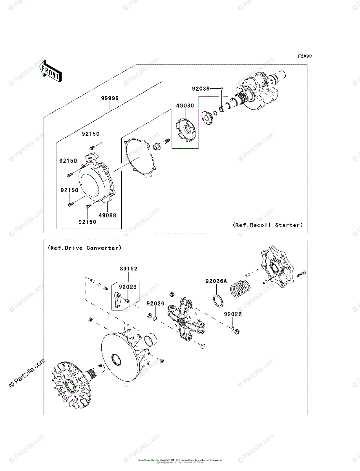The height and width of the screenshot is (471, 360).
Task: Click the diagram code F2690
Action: [x=304, y=56]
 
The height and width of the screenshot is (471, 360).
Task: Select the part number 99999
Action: [x=110, y=98]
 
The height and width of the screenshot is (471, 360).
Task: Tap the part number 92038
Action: [x=201, y=89]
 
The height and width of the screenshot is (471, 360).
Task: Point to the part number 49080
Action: [x=185, y=106]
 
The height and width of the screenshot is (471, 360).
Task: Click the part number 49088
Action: [x=107, y=215]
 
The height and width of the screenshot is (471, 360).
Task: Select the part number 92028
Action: [x=128, y=287]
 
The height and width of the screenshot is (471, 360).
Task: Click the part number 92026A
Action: [x=216, y=281]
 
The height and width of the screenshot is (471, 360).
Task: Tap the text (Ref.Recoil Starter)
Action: [x=268, y=225]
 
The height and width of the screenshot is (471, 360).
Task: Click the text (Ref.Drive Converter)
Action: [x=84, y=248]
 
